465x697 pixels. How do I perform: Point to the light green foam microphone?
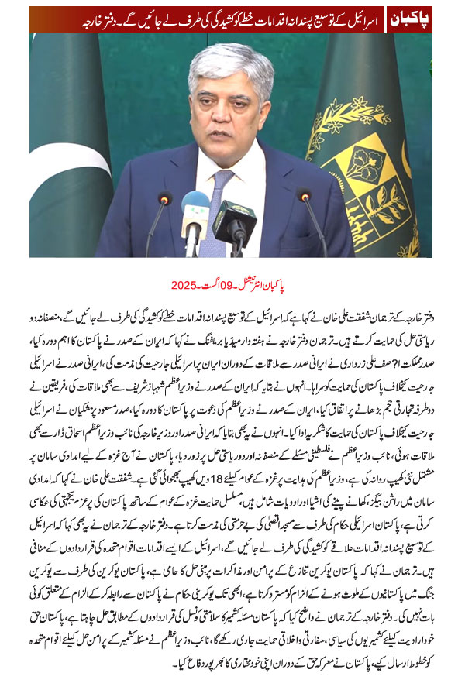(x=195, y=208)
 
